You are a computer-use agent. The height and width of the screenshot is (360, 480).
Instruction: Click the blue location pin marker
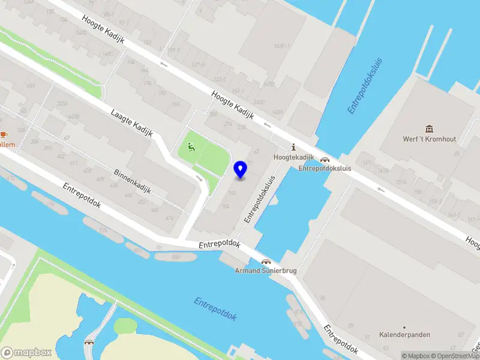241,169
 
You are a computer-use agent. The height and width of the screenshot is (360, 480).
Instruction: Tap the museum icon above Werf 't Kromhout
430,128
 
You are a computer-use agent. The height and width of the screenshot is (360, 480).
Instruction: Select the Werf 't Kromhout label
429,139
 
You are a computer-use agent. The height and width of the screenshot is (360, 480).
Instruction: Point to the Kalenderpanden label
405,335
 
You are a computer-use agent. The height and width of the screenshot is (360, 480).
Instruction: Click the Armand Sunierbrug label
265,271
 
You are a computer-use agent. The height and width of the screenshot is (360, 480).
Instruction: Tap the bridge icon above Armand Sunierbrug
265,262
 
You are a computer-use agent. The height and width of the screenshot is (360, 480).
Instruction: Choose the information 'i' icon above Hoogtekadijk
293,148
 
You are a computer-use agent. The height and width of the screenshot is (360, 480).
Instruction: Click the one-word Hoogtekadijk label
293,157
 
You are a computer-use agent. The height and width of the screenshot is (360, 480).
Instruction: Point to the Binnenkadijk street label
132,181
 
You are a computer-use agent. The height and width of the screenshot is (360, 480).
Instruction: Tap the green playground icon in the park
191,146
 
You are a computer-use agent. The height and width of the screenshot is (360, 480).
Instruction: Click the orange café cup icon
3,134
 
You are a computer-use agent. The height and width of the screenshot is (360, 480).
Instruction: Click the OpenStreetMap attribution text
454,356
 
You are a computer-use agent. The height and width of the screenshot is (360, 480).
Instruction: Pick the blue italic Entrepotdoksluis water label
365,85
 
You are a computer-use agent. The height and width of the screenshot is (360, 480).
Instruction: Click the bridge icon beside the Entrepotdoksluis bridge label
325,160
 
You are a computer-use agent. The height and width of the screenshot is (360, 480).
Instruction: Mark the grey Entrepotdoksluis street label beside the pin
259,199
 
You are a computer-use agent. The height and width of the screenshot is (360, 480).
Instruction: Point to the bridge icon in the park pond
89,341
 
